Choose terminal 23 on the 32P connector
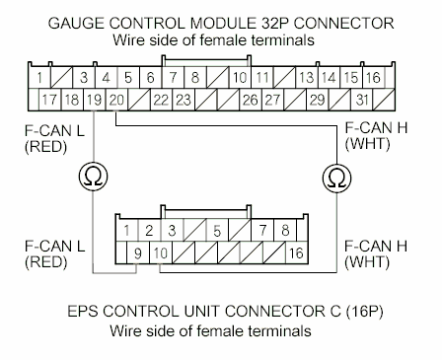(184, 100)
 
